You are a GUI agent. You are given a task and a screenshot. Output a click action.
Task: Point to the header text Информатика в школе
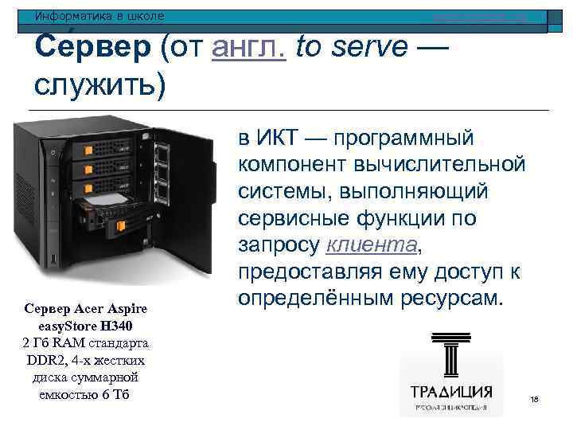click(x=99, y=16)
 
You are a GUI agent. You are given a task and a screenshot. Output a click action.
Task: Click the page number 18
click(x=534, y=398)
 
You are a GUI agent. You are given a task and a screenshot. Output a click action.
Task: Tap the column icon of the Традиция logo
click(x=450, y=357)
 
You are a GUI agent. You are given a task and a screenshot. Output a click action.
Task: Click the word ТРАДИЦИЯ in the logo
click(x=451, y=393)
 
